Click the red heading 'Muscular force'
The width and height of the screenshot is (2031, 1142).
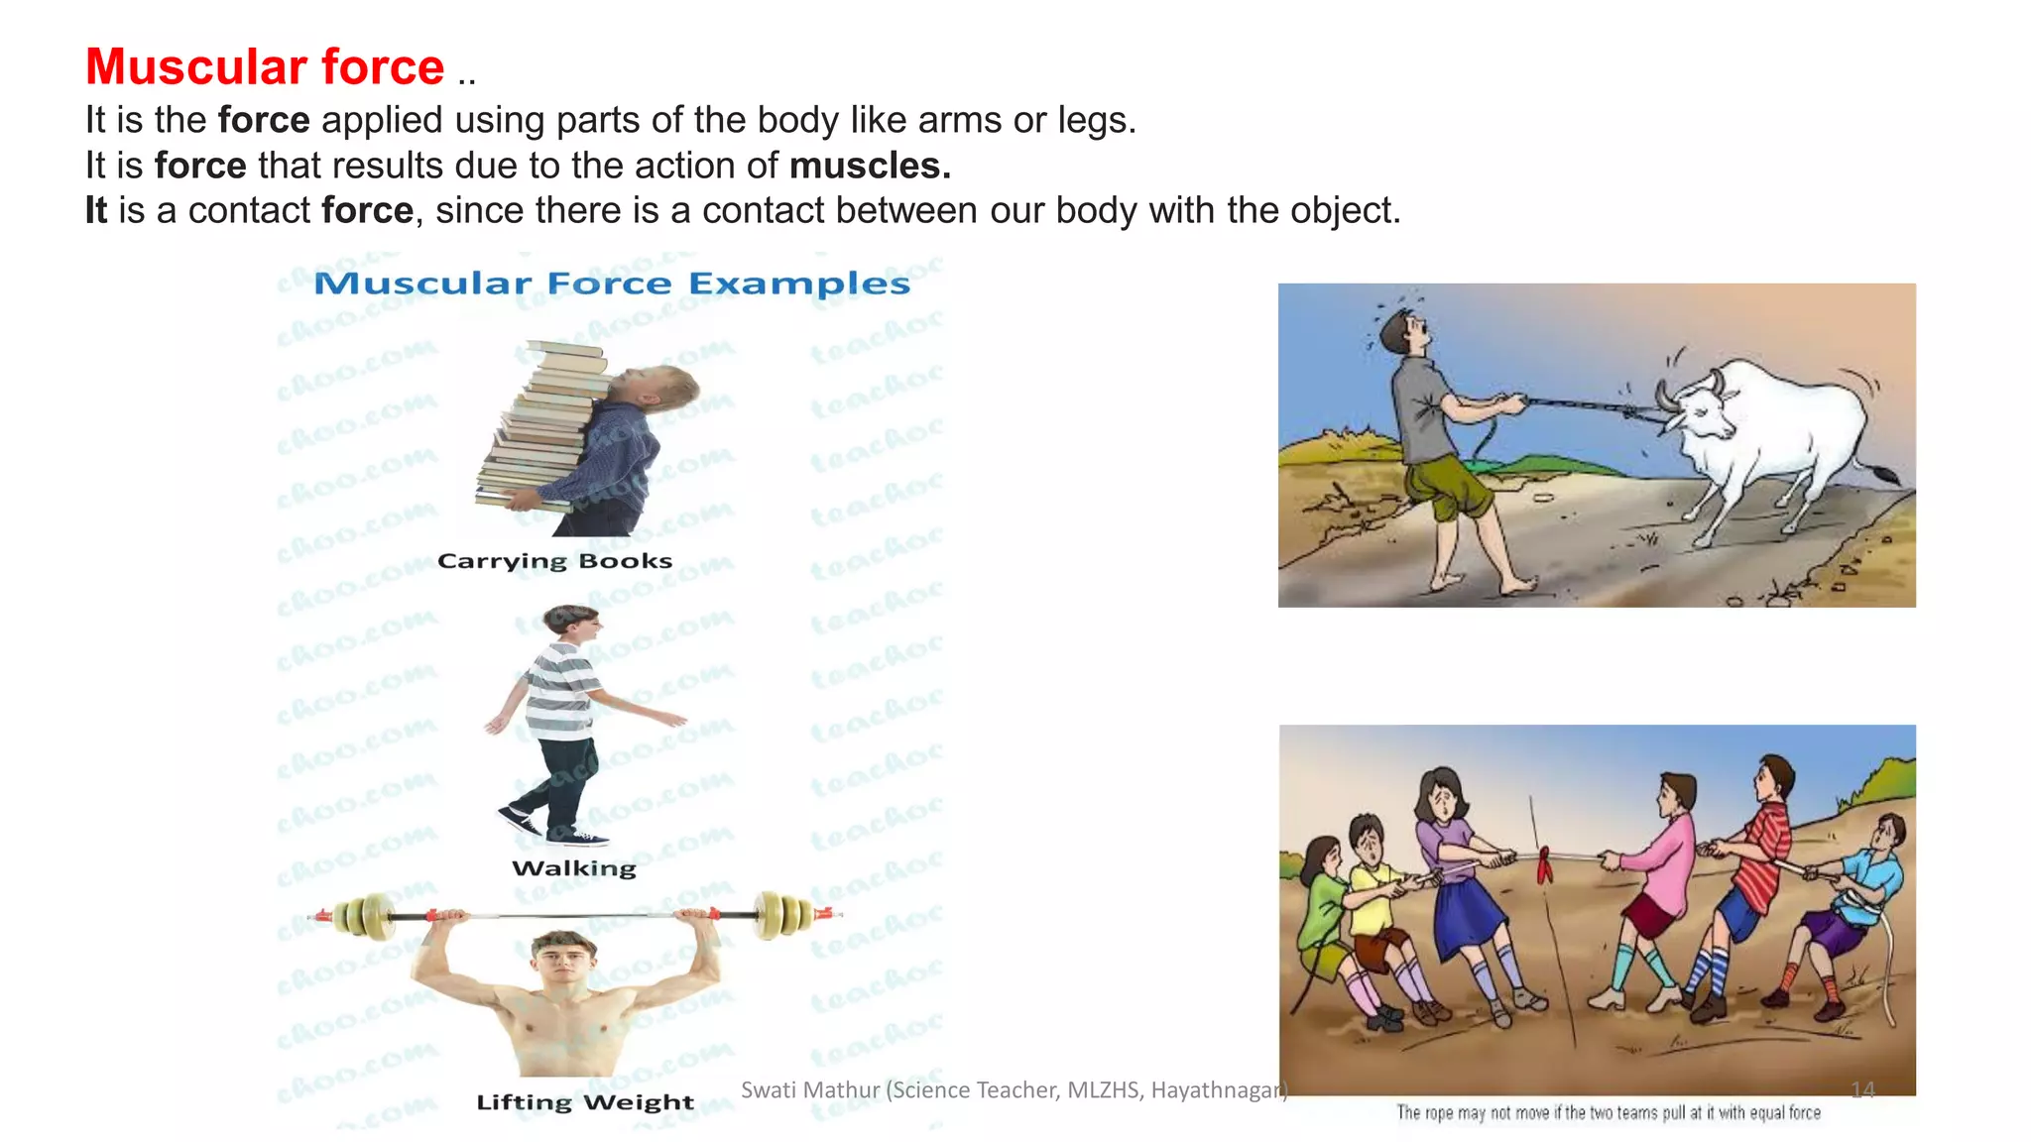pos(265,67)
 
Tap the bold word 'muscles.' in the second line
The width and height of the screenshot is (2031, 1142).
pos(870,166)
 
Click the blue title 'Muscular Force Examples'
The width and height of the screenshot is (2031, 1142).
pos(612,284)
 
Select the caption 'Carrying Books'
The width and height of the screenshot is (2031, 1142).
pos(554,561)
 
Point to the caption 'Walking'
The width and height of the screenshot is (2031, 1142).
pos(574,868)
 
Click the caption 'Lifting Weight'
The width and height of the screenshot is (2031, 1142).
pos(585,1102)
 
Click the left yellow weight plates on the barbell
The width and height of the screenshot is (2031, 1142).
pos(363,915)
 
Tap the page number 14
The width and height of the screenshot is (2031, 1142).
pos(1862,1090)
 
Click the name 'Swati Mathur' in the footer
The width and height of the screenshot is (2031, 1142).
pos(809,1090)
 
